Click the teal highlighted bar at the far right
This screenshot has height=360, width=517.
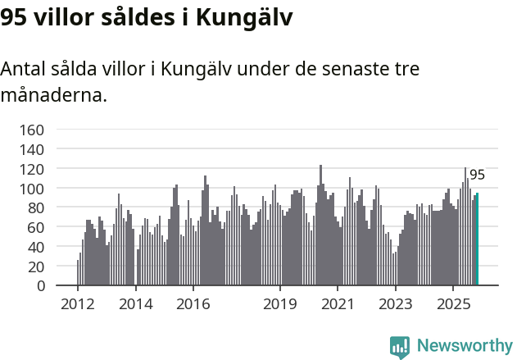(477, 239)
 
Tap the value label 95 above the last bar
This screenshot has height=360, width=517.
(477, 175)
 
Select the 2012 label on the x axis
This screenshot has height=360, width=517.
(78, 305)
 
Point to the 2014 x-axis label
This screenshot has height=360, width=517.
(135, 305)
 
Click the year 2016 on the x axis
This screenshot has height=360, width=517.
(193, 305)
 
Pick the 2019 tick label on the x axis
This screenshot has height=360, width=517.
(279, 305)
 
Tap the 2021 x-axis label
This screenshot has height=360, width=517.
(338, 305)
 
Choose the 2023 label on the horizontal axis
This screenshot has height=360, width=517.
(395, 305)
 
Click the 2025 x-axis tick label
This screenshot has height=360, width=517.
(452, 305)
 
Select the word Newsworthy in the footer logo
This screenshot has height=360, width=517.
(464, 346)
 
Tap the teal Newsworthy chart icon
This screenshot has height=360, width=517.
(400, 347)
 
